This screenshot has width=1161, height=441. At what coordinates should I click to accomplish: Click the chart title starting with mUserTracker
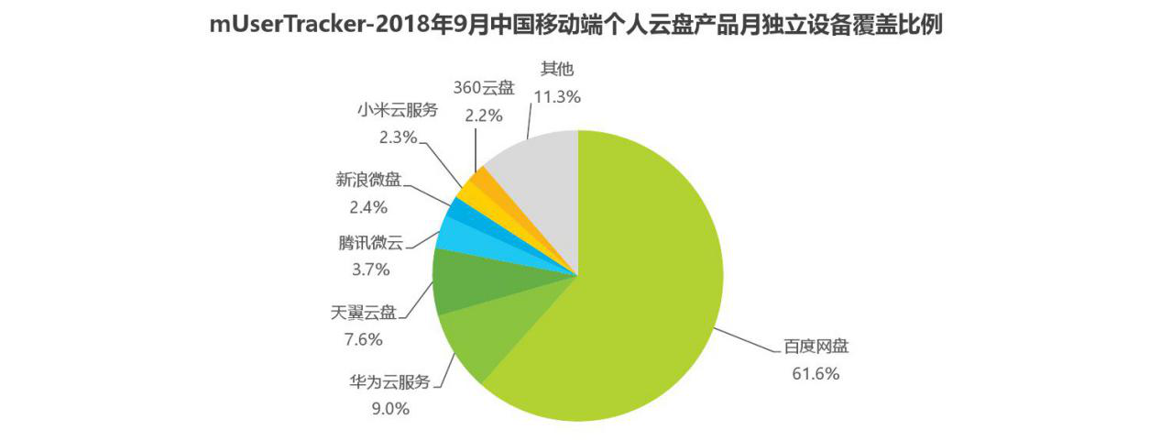[575, 25]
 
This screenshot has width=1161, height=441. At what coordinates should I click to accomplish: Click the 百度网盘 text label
[816, 347]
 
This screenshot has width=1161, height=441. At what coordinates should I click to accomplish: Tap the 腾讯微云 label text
[369, 244]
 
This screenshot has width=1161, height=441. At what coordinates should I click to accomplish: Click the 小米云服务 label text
[398, 111]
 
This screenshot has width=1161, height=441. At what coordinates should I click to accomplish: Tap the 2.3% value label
[398, 138]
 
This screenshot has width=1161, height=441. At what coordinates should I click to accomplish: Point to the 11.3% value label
[557, 94]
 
